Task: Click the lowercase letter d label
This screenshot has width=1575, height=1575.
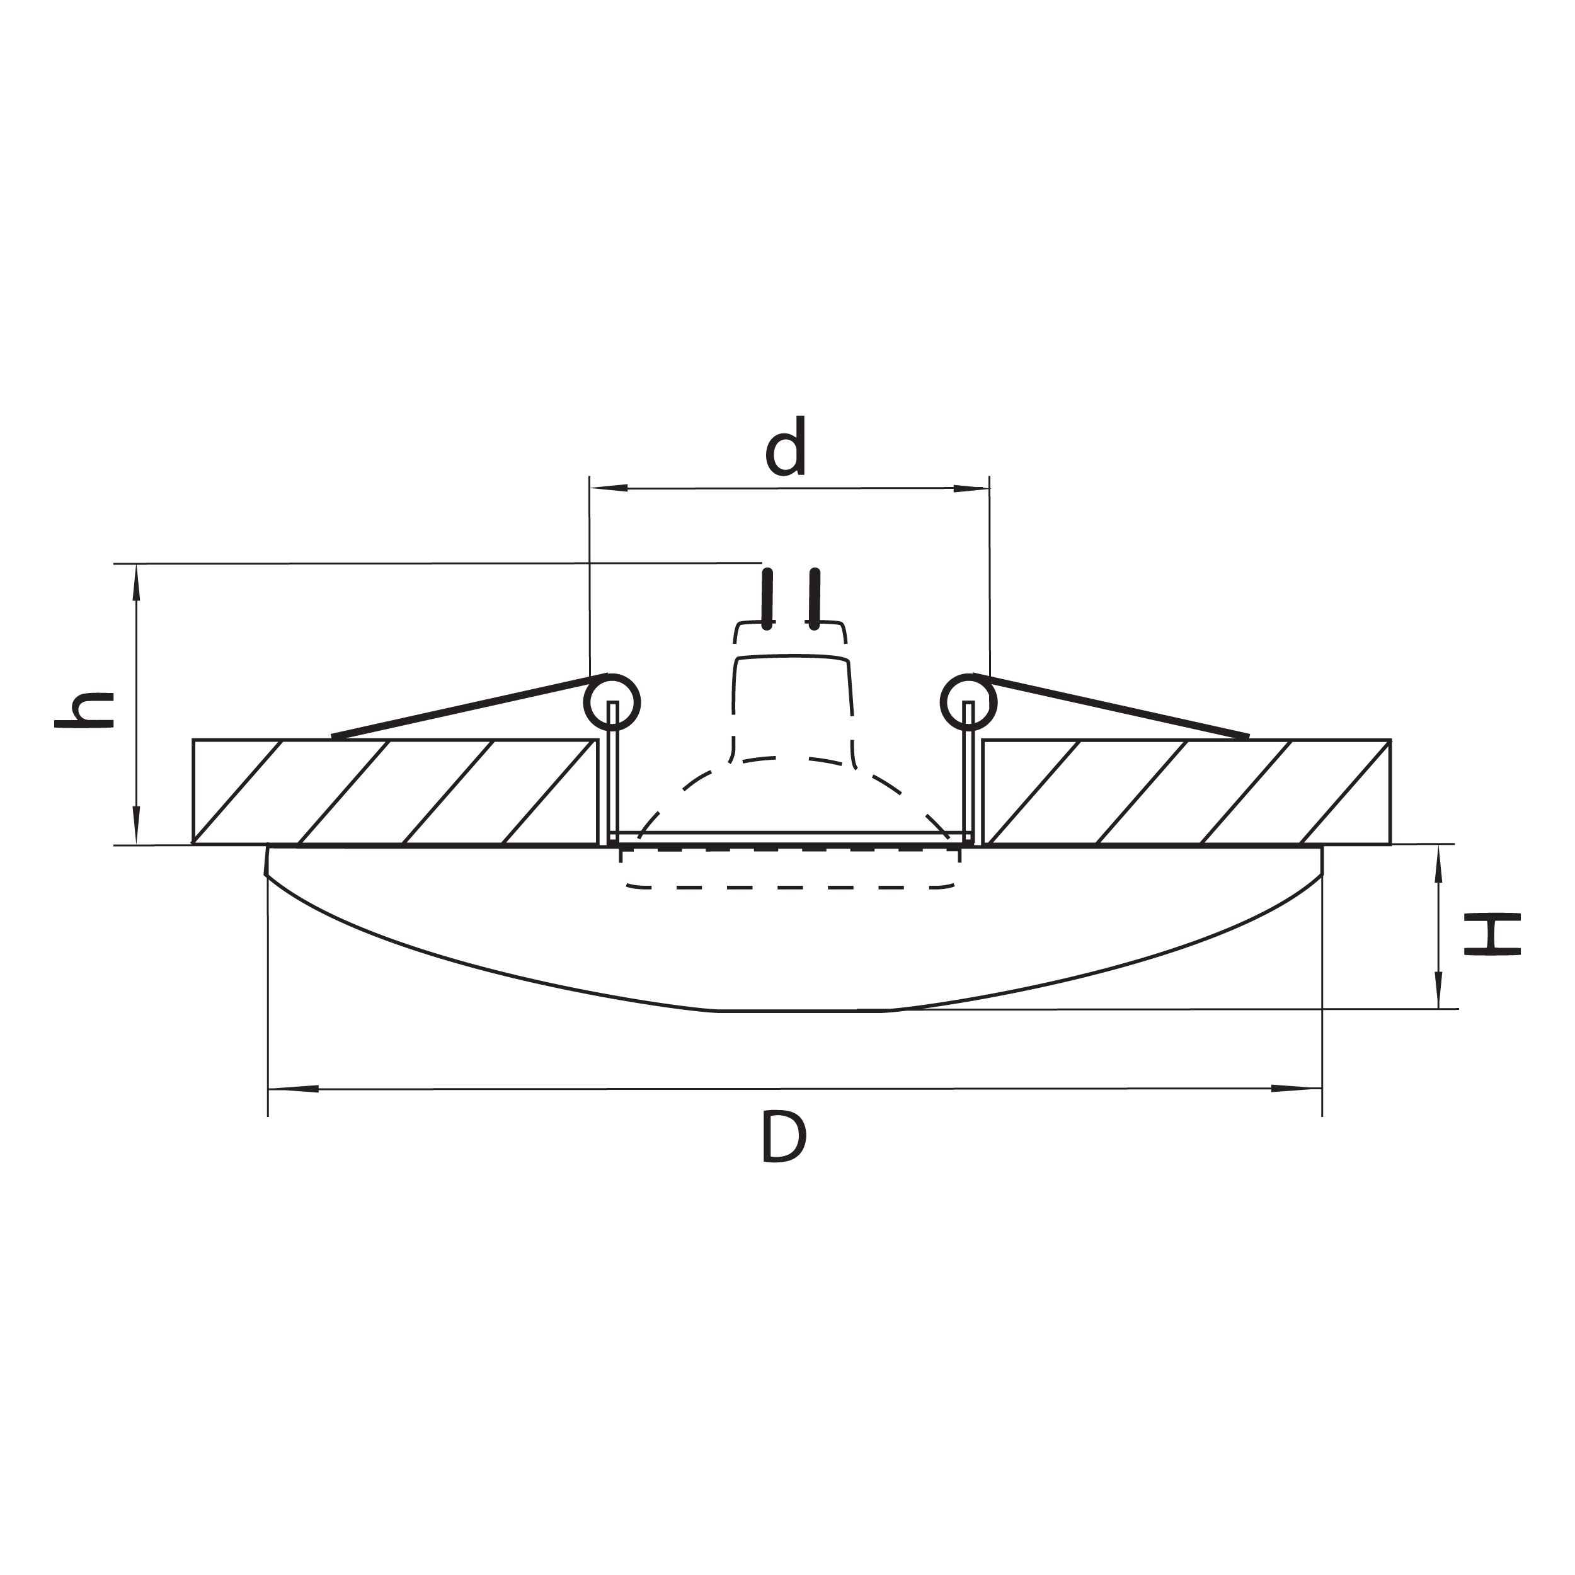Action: click(x=786, y=447)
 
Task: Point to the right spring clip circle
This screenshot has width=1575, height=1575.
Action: click(x=968, y=701)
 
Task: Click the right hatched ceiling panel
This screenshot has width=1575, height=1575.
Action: click(x=1186, y=791)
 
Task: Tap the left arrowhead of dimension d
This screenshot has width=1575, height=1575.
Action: click(x=608, y=488)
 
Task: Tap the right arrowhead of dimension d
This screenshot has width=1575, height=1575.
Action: click(x=971, y=488)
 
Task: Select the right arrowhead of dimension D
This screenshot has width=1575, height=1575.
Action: click(x=1297, y=1088)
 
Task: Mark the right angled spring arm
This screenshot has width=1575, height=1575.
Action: click(x=1113, y=707)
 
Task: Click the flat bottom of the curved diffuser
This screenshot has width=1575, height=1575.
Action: click(x=803, y=1011)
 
